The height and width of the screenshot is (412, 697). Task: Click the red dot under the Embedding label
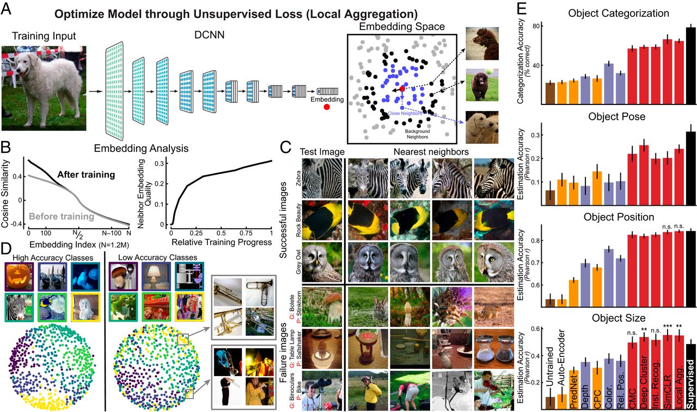point(326,107)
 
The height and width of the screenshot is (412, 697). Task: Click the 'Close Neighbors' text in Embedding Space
point(403,114)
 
